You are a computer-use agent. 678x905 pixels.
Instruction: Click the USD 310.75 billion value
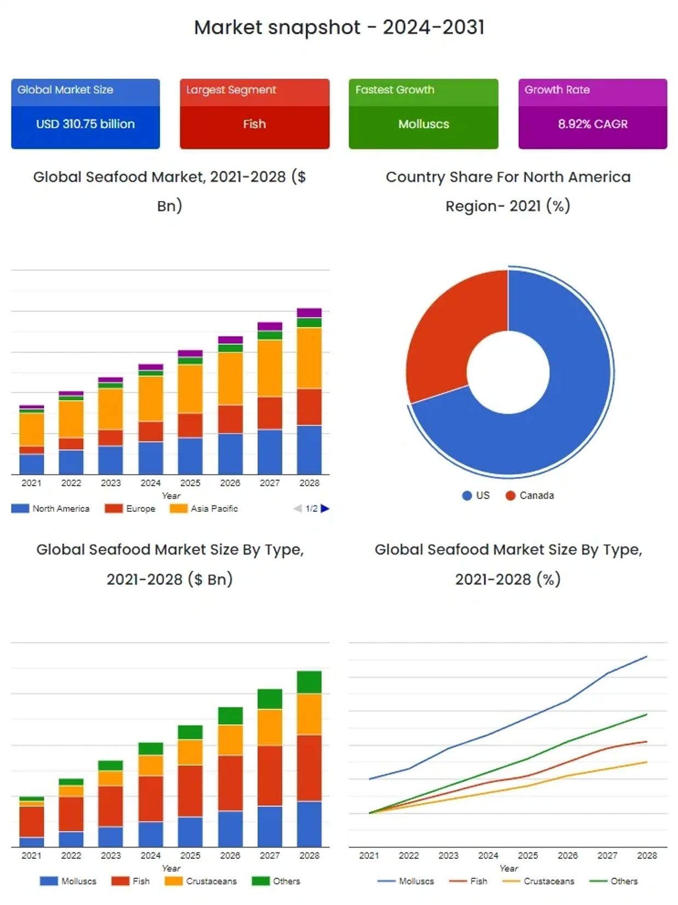[x=85, y=124]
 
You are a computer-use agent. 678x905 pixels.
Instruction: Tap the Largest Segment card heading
[x=231, y=90]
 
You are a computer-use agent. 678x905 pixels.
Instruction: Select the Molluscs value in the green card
[x=424, y=124]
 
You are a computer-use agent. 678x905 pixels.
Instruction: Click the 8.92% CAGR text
[x=593, y=124]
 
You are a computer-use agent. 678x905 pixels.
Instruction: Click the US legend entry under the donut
[x=476, y=495]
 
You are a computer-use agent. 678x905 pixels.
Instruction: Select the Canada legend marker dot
[x=511, y=495]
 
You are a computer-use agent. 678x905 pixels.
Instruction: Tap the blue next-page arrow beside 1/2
[x=325, y=509]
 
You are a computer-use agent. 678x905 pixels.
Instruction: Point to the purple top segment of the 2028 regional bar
[x=309, y=313]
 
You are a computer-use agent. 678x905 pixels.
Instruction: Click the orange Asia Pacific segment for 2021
[x=32, y=429]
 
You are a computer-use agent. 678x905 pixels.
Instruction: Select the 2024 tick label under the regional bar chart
[x=150, y=483]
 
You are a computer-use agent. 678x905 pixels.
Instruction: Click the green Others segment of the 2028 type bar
[x=309, y=682]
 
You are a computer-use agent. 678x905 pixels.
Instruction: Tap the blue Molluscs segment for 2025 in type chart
[x=190, y=832]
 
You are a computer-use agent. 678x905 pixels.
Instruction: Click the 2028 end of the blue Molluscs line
[x=646, y=656]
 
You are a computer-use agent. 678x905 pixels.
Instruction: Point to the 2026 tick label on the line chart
[x=567, y=856]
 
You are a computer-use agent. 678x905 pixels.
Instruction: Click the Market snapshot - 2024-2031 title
[x=339, y=27]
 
